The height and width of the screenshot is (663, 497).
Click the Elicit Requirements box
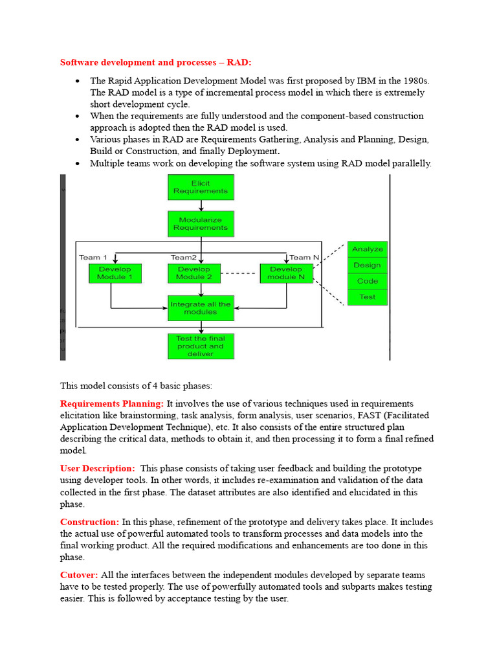(201, 186)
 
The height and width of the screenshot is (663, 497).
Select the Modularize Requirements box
(201, 223)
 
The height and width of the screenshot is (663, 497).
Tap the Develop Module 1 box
(115, 273)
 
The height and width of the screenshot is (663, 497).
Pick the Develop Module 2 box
(194, 273)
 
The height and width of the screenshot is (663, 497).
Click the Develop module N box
(286, 273)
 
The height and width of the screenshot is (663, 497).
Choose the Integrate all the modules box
(201, 308)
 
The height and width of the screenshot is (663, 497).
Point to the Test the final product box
(201, 346)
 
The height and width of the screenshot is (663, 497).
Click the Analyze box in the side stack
(368, 249)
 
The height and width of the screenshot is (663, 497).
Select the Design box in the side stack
(368, 265)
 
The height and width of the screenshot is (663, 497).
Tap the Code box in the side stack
(368, 281)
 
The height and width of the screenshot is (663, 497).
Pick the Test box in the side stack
(368, 297)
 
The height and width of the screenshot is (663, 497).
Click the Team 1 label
(93, 257)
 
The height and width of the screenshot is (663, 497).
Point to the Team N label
(304, 257)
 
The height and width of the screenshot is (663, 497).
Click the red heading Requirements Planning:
(111, 403)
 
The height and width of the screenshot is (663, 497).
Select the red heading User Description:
(98, 468)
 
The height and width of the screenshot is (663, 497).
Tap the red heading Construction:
(89, 522)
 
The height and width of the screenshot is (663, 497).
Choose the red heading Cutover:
(79, 575)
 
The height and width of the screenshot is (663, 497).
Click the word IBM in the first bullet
(365, 81)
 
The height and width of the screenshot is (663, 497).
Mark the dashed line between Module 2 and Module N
(240, 273)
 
